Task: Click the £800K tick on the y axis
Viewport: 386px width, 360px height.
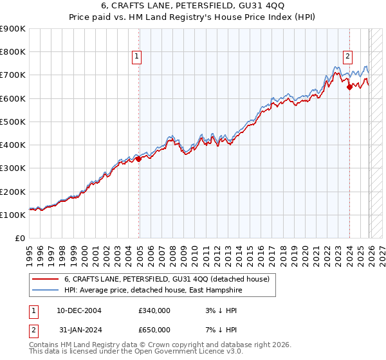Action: tap(13, 52)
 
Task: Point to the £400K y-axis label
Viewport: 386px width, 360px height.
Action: tap(13, 145)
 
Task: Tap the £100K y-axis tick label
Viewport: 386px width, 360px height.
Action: tap(13, 215)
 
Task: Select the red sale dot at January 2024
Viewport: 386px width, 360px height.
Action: tap(349, 87)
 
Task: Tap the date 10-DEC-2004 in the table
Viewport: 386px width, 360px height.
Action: tap(79, 310)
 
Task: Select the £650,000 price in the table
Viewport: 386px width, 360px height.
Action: tap(154, 330)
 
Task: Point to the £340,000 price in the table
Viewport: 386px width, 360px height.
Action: tap(154, 310)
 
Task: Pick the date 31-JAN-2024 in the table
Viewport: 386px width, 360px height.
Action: tap(79, 330)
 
